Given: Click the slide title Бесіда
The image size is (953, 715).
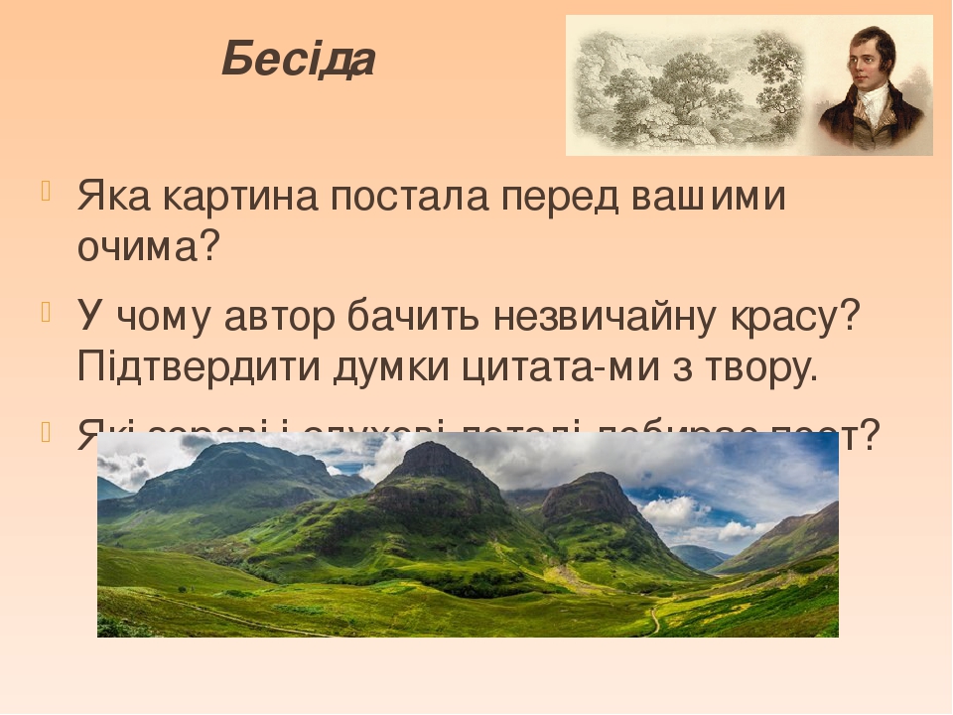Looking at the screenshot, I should tap(298, 61).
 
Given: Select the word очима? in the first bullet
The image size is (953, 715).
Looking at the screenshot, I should tap(147, 245).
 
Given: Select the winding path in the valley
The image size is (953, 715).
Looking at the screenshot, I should tap(655, 621).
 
